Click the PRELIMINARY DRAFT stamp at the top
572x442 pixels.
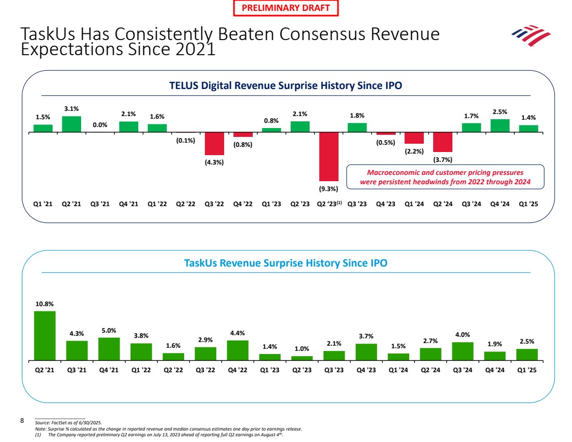[285, 8]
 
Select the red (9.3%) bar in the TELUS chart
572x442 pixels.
[329, 156]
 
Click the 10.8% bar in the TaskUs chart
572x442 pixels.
[45, 335]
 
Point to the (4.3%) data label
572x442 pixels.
[214, 162]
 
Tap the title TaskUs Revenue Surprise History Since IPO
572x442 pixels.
[285, 263]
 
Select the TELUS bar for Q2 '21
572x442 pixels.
[72, 124]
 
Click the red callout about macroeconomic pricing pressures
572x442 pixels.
[445, 177]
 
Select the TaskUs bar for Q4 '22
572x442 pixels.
[238, 350]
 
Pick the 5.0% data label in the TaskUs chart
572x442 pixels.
[109, 331]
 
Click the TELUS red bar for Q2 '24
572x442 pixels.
[443, 142]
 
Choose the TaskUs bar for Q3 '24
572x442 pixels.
[462, 351]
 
